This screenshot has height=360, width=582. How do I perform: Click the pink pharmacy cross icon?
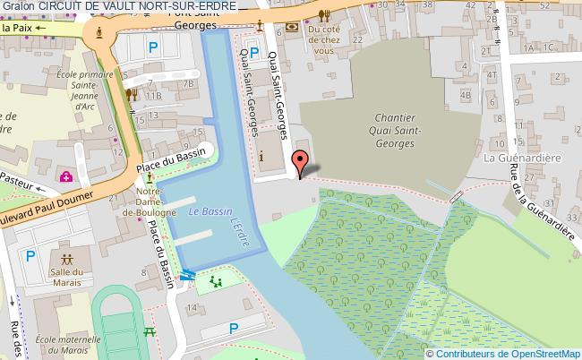(66, 176)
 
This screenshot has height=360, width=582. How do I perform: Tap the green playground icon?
(215, 283)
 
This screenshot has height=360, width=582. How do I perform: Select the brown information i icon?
(261, 157)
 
